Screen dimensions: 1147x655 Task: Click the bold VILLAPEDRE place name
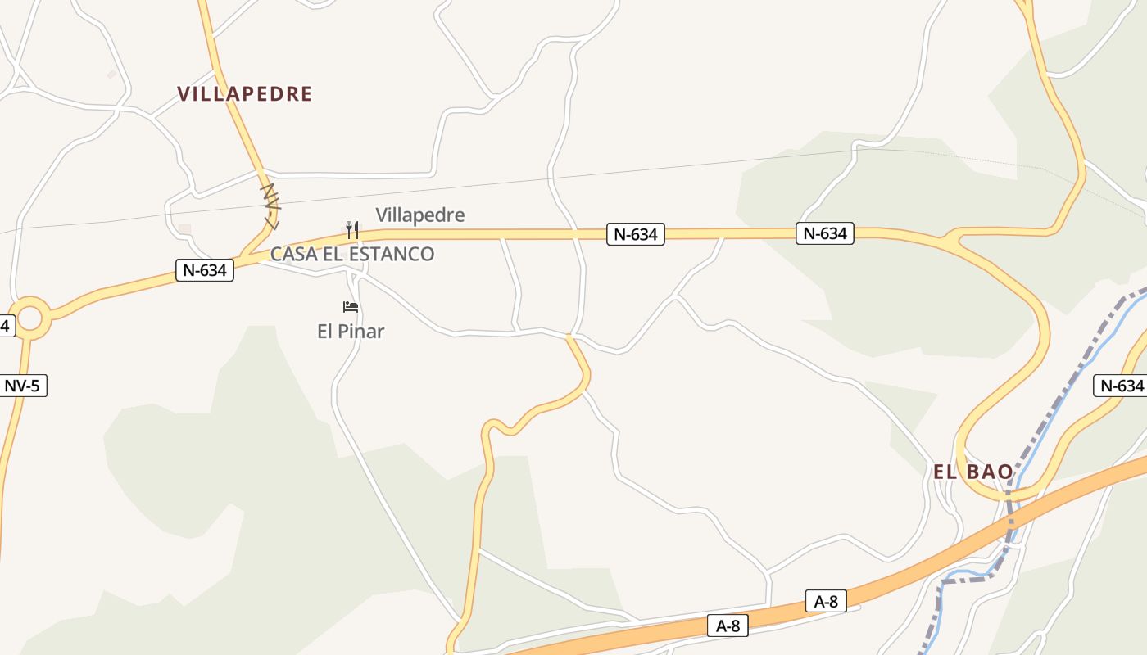pos(244,94)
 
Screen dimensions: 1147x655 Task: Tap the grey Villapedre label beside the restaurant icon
pos(419,215)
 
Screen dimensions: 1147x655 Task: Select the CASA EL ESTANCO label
pos(352,254)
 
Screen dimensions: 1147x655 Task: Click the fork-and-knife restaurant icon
pos(352,229)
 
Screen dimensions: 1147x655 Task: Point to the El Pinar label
pos(351,332)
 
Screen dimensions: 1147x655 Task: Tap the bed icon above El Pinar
pos(351,307)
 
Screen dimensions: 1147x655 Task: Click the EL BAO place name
pos(973,472)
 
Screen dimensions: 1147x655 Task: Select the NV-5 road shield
pos(22,386)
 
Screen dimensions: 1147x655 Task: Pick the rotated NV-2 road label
pos(270,206)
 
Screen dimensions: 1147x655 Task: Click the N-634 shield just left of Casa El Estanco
pos(205,270)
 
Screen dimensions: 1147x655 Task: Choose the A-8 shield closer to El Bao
pos(826,602)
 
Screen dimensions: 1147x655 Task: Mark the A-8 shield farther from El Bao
pos(728,626)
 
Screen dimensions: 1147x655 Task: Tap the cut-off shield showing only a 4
pos(6,326)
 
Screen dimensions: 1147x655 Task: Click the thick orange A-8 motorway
pos(942,557)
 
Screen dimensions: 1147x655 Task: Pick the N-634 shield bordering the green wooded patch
pos(825,233)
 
